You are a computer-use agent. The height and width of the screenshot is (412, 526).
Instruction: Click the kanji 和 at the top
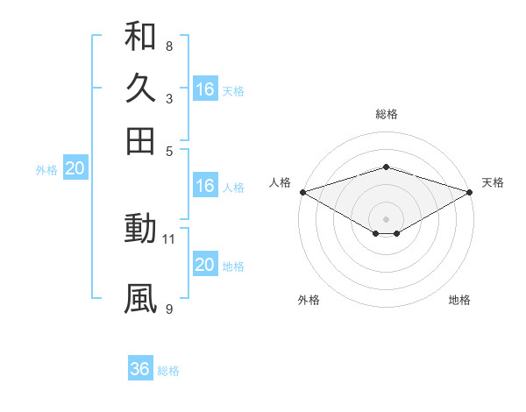tap(140, 37)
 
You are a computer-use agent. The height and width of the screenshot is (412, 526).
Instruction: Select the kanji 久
tap(140, 89)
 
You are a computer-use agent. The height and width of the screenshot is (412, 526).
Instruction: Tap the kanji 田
tap(140, 140)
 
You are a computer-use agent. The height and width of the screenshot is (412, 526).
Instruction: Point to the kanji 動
tap(140, 230)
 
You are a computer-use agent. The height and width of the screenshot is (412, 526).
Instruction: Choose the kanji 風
tap(140, 299)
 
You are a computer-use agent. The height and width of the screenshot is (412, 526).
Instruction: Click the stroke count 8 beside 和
tap(168, 46)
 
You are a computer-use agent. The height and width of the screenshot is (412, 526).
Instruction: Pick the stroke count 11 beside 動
tap(170, 238)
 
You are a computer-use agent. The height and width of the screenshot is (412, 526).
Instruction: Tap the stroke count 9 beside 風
tap(168, 308)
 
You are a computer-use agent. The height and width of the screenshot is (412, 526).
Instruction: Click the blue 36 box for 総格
tap(140, 369)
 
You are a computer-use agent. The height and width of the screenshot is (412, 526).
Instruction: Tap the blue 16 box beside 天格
tap(205, 89)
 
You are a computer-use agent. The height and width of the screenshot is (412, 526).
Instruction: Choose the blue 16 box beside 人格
tap(205, 186)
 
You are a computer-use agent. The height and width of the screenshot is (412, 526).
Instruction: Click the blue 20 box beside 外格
tap(75, 169)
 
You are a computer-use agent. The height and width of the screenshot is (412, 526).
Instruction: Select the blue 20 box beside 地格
tap(205, 266)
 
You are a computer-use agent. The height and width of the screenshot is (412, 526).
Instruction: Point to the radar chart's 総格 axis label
tap(386, 114)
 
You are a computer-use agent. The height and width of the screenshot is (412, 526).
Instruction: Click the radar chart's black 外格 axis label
tap(309, 300)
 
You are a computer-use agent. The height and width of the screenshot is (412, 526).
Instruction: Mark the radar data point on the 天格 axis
tap(470, 192)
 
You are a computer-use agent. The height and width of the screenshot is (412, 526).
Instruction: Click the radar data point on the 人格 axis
tap(302, 192)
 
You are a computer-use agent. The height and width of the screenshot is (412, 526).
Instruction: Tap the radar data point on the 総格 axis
tap(386, 167)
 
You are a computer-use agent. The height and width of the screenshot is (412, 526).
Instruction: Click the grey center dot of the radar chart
tap(386, 218)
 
